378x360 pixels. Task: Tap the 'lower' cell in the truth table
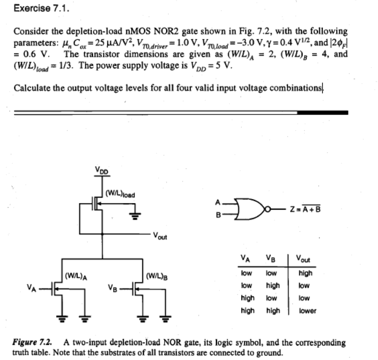(308, 310)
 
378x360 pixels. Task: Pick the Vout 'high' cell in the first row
(306, 273)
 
